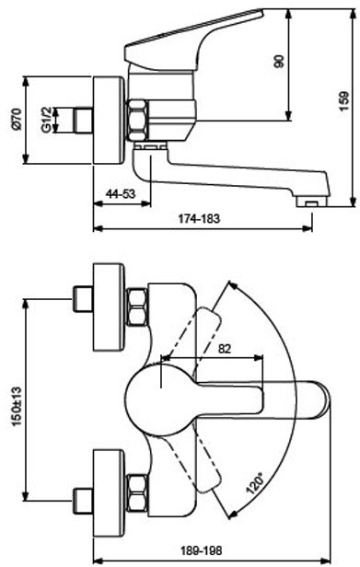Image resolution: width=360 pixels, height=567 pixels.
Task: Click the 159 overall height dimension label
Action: click(344, 102)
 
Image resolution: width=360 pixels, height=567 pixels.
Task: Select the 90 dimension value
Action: click(279, 62)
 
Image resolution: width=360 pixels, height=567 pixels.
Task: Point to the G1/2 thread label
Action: click(46, 120)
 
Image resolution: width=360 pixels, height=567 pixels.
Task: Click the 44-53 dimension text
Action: click(120, 194)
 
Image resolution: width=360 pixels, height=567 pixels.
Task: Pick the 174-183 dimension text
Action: click(199, 218)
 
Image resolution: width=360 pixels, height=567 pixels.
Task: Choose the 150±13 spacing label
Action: click(17, 407)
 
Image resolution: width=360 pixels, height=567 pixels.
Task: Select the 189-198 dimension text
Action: click(201, 550)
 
